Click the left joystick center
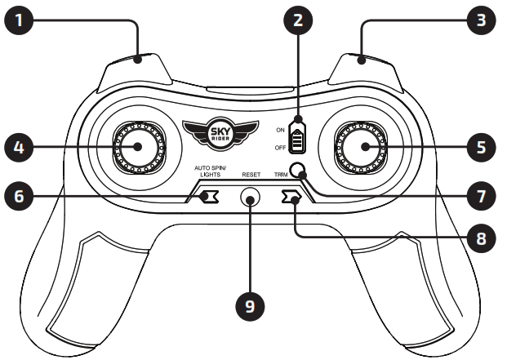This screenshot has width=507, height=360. pyautogui.click(x=136, y=147)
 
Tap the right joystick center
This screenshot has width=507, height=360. pyautogui.click(x=362, y=147)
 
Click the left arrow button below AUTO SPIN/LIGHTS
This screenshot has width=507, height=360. pyautogui.click(x=208, y=197)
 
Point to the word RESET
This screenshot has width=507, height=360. pyautogui.click(x=251, y=174)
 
